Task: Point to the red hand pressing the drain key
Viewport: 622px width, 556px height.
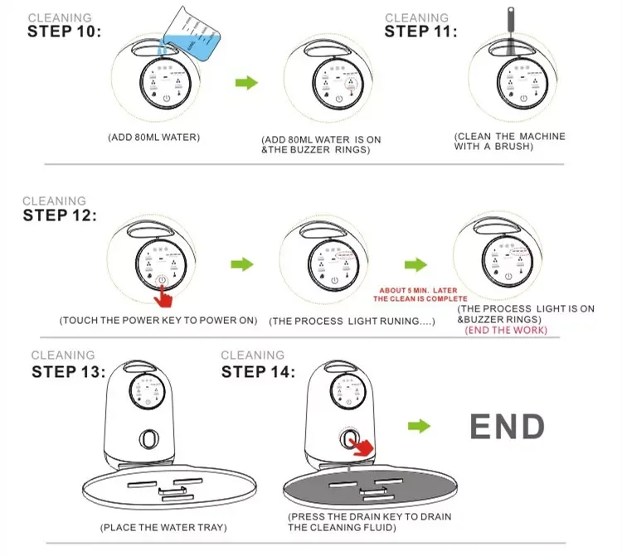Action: (359, 447)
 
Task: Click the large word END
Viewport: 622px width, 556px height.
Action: (508, 427)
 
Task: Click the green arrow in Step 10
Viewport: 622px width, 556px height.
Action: (246, 83)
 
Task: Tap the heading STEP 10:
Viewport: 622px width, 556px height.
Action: (64, 32)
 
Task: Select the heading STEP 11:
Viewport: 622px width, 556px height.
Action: (421, 31)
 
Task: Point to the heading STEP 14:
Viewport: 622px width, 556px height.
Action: (258, 371)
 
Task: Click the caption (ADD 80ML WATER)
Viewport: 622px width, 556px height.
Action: (154, 137)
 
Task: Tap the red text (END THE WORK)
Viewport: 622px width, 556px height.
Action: (507, 330)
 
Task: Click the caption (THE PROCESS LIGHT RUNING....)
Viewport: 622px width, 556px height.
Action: (352, 320)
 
